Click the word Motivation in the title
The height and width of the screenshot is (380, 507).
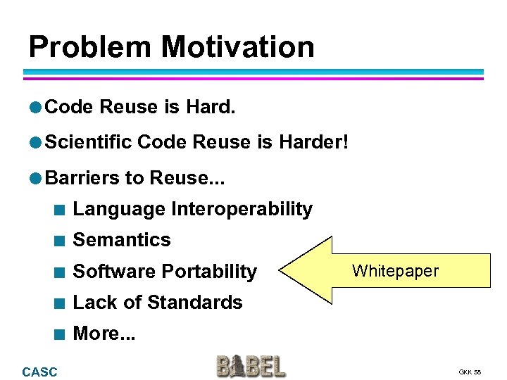pos(237,46)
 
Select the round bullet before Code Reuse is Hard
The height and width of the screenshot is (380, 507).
pos(35,107)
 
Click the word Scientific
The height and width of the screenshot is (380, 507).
pos(89,142)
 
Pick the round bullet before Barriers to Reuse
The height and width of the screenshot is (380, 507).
pos(35,178)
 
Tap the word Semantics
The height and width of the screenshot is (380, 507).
pos(122,240)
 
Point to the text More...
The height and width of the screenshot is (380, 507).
pos(97,334)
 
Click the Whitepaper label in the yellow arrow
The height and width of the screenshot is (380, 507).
pos(395,271)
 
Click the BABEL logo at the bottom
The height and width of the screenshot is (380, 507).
pos(251,367)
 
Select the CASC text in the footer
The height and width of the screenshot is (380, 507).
pos(40,372)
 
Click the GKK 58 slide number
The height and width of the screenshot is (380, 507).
pos(470,372)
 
